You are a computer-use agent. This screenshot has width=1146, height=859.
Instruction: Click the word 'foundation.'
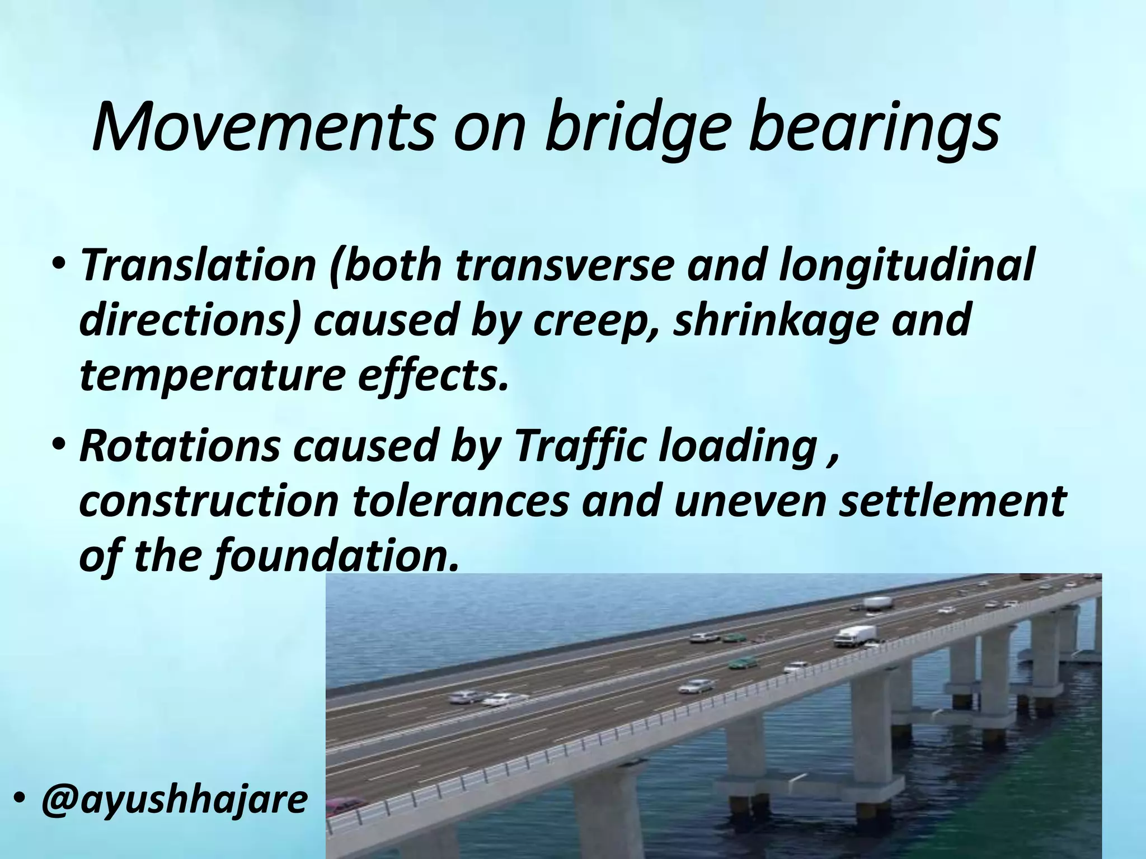tap(336, 556)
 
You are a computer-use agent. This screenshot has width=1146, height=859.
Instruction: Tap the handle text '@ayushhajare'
tap(174, 800)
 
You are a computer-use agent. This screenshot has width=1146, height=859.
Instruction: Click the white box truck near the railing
tap(855, 636)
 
